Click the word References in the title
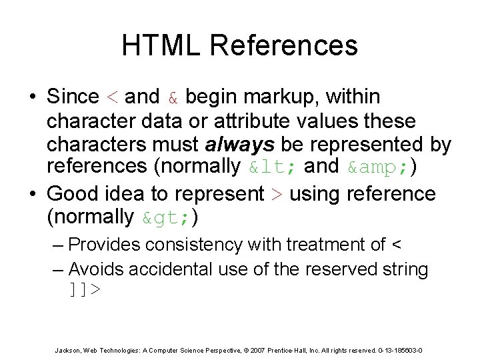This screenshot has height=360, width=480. (x=285, y=45)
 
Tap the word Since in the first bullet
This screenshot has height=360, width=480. (x=73, y=97)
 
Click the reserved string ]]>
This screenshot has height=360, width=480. (x=85, y=291)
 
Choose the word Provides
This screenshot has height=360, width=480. (x=106, y=245)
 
